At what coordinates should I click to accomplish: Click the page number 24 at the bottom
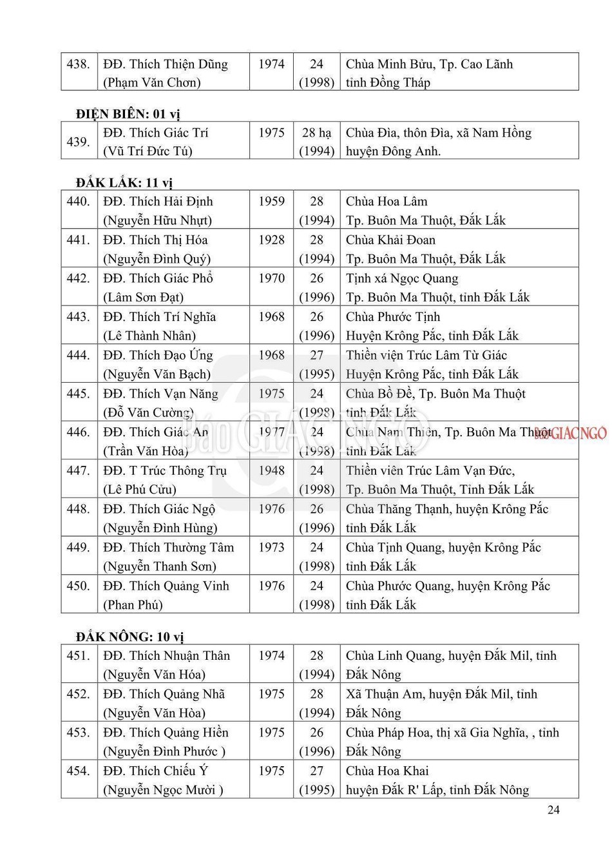[x=553, y=810]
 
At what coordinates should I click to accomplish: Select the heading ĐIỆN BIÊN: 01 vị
[x=128, y=114]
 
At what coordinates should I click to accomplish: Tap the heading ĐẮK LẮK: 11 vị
[x=124, y=183]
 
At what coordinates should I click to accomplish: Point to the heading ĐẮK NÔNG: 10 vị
[x=129, y=637]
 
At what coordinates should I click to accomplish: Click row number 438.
[x=78, y=64]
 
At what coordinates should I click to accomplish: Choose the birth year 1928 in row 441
[x=271, y=240]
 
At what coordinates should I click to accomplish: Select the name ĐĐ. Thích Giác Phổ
[x=158, y=278]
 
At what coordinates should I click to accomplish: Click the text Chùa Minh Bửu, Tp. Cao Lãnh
[x=429, y=64]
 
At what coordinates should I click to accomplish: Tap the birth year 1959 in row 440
[x=271, y=202]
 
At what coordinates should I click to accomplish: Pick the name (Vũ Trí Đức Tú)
[x=148, y=151]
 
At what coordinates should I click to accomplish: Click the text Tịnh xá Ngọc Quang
[x=402, y=278]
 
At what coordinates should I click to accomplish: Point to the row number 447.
[x=78, y=470]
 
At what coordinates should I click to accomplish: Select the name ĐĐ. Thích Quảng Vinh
[x=166, y=586]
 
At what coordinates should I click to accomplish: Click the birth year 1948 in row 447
[x=271, y=470]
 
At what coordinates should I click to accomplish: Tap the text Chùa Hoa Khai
[x=387, y=771]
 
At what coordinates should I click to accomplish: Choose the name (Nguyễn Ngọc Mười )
[x=163, y=790]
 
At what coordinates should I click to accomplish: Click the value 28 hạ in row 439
[x=316, y=133]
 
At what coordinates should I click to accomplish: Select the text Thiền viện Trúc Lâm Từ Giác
[x=426, y=355]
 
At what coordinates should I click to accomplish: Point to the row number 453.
[x=78, y=733]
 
